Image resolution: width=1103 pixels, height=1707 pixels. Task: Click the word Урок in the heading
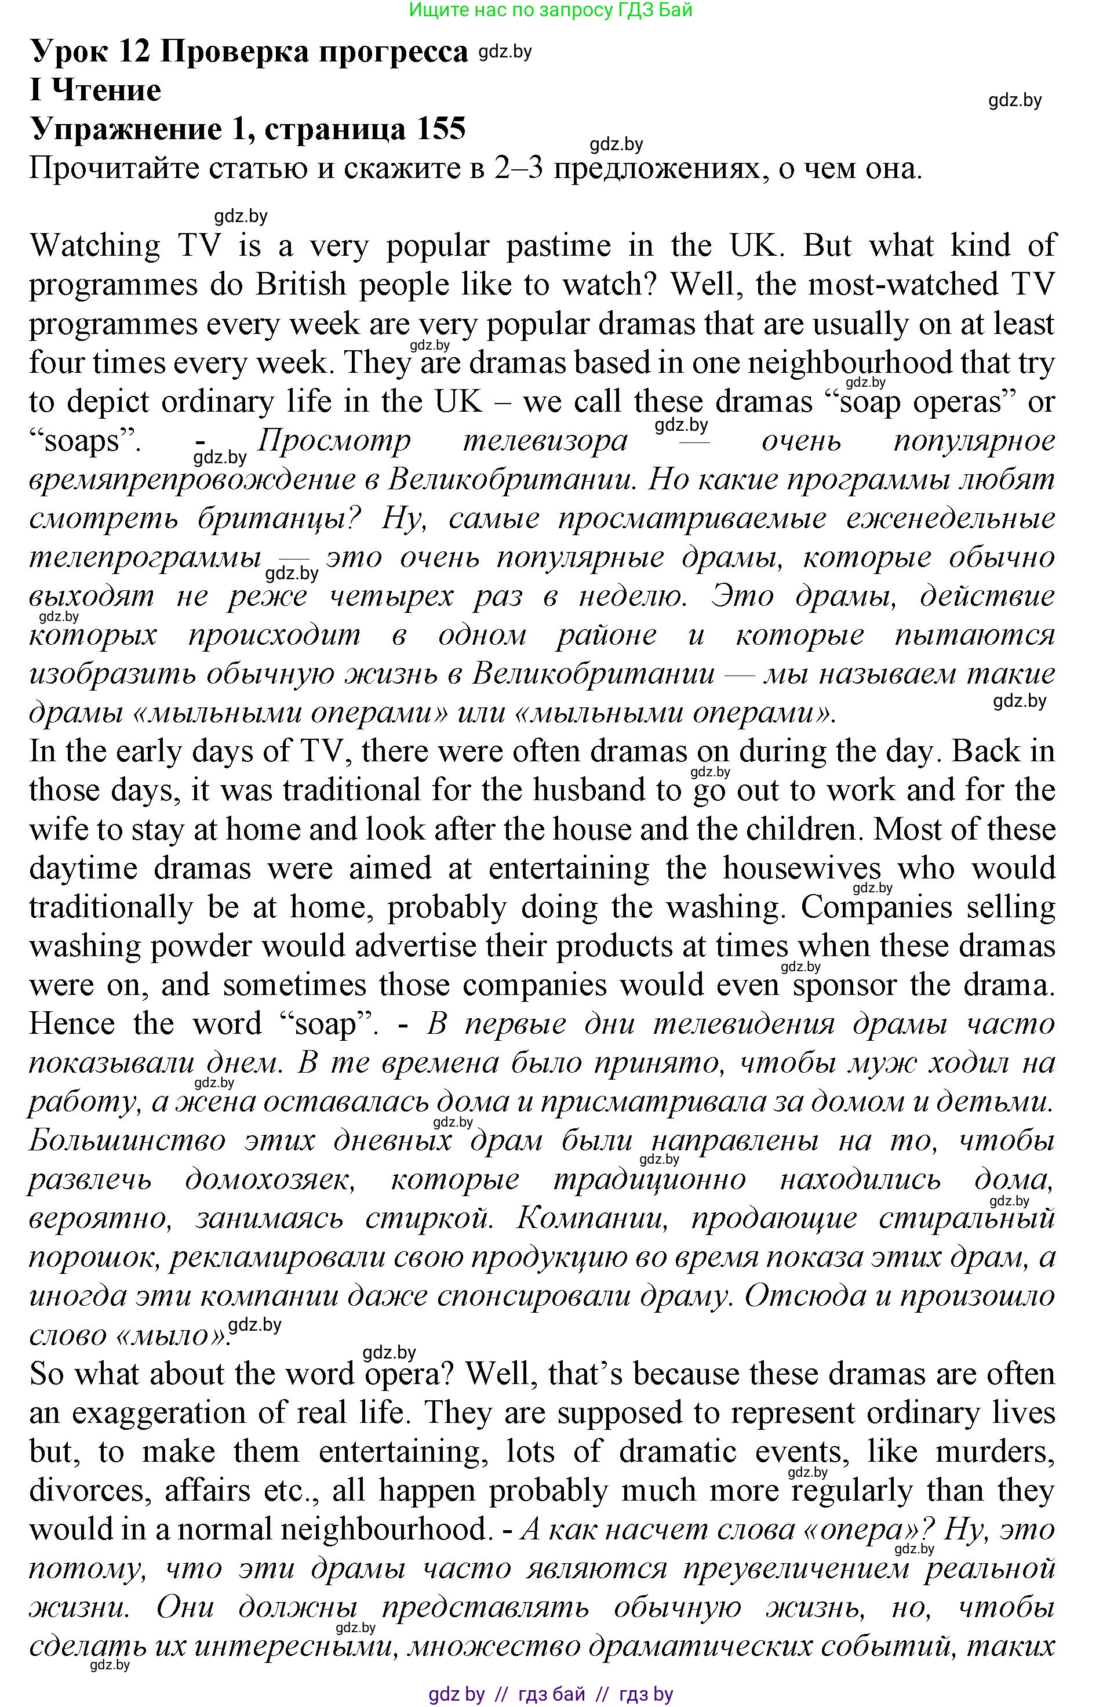pyautogui.click(x=70, y=52)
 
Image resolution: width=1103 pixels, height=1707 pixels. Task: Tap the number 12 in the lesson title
pyautogui.click(x=134, y=52)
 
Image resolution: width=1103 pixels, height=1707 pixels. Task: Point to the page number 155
pyautogui.click(x=435, y=129)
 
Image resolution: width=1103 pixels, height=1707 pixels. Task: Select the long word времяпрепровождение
pyautogui.click(x=191, y=479)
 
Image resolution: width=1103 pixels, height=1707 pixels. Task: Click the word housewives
pyautogui.click(x=802, y=868)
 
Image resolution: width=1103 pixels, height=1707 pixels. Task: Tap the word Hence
pyautogui.click(x=72, y=1023)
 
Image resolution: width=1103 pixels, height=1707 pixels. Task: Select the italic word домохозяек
pyautogui.click(x=270, y=1179)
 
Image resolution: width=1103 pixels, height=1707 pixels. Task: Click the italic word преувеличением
pyautogui.click(x=796, y=1568)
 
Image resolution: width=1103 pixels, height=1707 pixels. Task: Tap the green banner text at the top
pyautogui.click(x=551, y=10)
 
